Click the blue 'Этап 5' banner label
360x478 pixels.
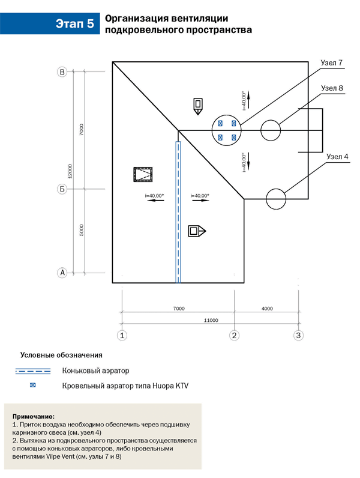(x=74, y=24)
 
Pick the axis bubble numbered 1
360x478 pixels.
(x=122, y=334)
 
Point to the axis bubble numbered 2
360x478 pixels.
(x=235, y=334)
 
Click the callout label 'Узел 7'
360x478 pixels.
(x=331, y=63)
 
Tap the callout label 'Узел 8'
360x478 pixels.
(x=332, y=88)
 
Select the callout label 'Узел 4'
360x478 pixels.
(x=337, y=157)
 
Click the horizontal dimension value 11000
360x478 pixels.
(x=210, y=319)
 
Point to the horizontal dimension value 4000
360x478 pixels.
(x=267, y=308)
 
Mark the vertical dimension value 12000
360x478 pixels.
(x=71, y=172)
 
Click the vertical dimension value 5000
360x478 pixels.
(x=82, y=230)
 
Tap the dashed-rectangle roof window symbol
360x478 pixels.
(x=143, y=175)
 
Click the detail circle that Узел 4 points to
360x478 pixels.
(x=276, y=199)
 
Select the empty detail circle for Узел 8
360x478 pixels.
(x=271, y=130)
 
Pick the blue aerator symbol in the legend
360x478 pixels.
(x=33, y=386)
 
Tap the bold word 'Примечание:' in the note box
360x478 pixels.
(x=32, y=416)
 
